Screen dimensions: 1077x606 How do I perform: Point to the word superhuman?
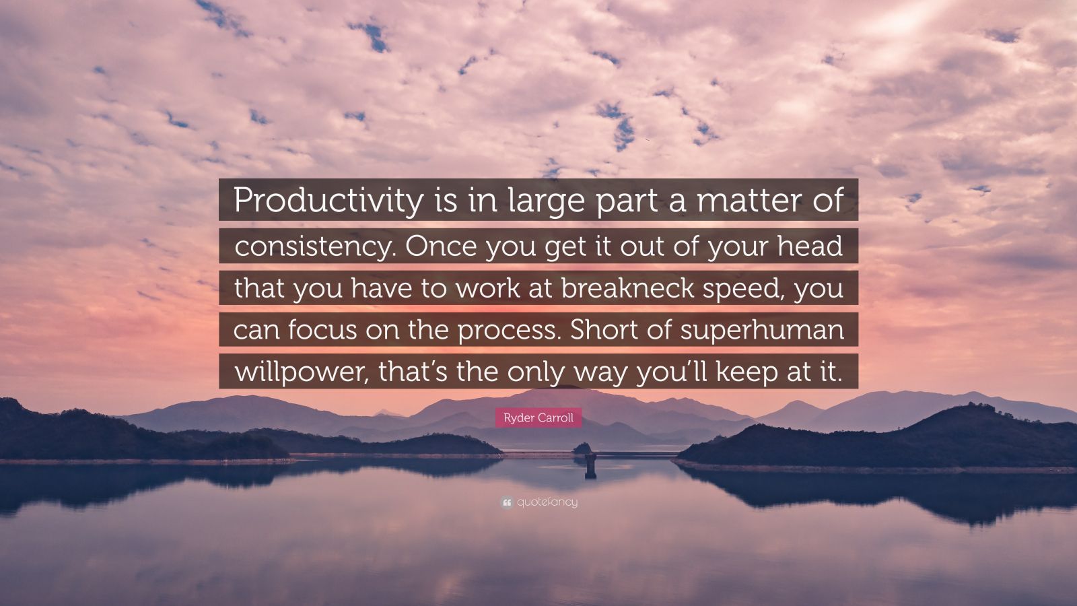[762, 331]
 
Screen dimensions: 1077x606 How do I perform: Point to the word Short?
[606, 329]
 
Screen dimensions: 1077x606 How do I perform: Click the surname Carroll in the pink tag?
[555, 418]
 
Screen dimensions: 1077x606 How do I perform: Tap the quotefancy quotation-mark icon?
[506, 503]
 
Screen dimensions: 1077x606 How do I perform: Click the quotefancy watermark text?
[547, 502]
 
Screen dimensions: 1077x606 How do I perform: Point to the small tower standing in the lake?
[590, 465]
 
